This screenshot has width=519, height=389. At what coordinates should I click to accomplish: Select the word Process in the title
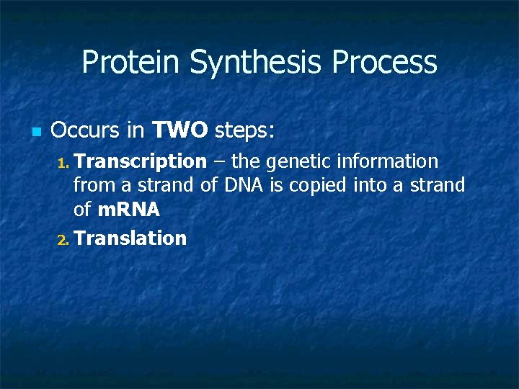click(384, 63)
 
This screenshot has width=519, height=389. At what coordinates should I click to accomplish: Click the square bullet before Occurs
click(36, 132)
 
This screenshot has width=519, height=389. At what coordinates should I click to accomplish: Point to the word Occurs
click(84, 130)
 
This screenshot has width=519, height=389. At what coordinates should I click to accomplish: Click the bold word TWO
click(180, 130)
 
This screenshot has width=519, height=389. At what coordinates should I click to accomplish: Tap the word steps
click(244, 131)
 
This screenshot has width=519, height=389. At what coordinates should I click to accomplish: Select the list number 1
click(62, 162)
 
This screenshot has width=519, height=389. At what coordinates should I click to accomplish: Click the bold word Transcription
click(140, 161)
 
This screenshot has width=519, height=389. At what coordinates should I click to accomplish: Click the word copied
click(318, 186)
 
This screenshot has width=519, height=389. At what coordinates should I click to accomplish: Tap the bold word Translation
click(130, 238)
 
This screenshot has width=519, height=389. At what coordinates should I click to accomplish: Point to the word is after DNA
click(277, 186)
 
